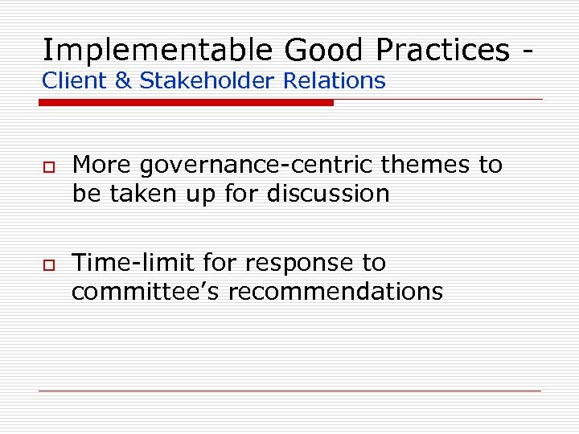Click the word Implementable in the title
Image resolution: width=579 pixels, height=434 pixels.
coord(157,50)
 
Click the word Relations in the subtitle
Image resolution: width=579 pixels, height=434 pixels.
coord(335,81)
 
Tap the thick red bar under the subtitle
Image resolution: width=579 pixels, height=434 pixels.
coord(187,103)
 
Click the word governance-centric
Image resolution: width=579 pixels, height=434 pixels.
coord(257,166)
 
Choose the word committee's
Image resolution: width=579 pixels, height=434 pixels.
coord(146,292)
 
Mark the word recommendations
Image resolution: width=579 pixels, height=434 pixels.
coord(335,292)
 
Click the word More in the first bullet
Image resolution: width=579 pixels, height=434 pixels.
coord(102,166)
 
